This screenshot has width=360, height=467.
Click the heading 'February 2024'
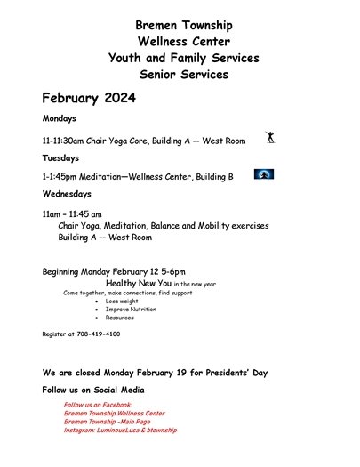[x=87, y=97]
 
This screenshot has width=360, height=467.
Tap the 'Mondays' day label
[x=60, y=118]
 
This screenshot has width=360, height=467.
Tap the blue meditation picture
[x=263, y=174]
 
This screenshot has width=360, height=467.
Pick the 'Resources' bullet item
[x=120, y=318]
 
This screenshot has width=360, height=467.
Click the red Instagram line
[x=120, y=431]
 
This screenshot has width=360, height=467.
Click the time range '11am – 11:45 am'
[x=72, y=214]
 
